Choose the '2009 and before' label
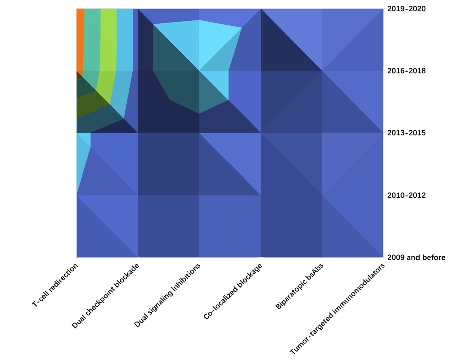(416, 257)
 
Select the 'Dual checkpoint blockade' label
(105, 296)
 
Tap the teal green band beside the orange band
(92, 40)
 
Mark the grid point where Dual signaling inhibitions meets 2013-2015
(199, 133)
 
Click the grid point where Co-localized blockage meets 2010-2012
(261, 195)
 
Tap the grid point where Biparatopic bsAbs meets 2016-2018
(322, 71)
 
